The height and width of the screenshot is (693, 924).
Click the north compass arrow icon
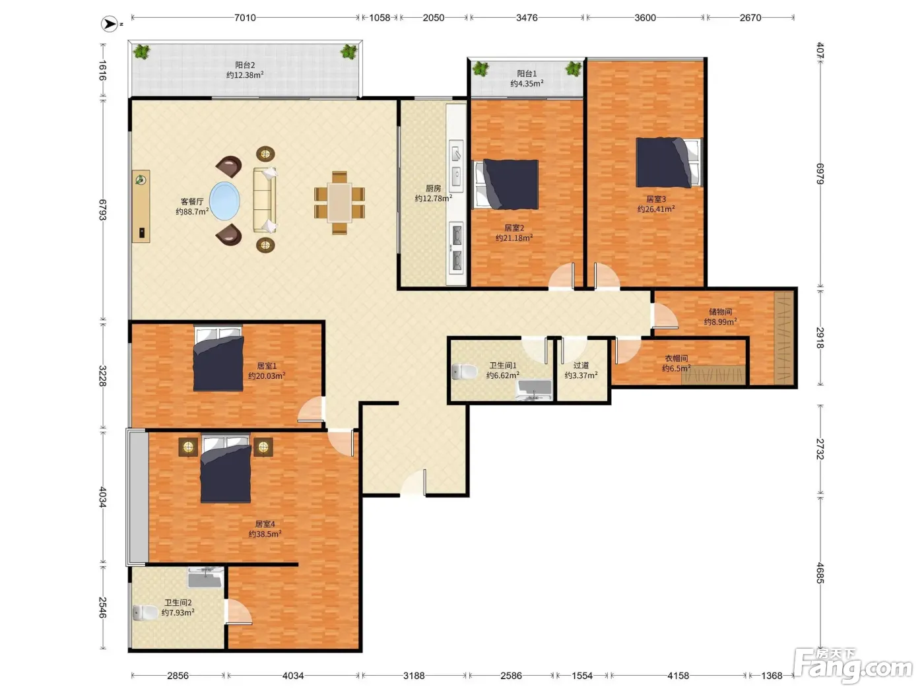click(x=110, y=24)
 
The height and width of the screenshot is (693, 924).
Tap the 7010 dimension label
click(x=245, y=18)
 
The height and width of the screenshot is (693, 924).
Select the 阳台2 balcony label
click(x=245, y=65)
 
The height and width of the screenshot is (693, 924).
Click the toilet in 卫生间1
click(x=465, y=372)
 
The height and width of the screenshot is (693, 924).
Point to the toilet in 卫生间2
click(x=145, y=612)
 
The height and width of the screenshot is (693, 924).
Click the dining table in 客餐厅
click(x=339, y=203)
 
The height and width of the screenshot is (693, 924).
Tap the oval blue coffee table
click(x=225, y=201)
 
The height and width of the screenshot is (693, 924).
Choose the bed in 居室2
click(x=506, y=184)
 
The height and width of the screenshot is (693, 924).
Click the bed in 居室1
click(x=218, y=358)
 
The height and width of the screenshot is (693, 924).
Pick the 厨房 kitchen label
click(x=434, y=189)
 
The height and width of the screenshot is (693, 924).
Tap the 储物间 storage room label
click(x=720, y=312)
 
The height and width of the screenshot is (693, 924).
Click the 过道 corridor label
click(x=581, y=365)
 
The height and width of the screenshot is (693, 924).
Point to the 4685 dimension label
click(x=820, y=573)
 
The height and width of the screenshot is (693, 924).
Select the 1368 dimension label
click(x=772, y=675)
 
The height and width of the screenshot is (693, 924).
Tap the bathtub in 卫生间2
click(x=205, y=577)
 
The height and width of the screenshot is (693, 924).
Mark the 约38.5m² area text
click(x=265, y=534)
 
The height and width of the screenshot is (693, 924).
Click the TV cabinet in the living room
click(x=141, y=206)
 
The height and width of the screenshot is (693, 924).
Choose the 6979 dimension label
click(x=820, y=174)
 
